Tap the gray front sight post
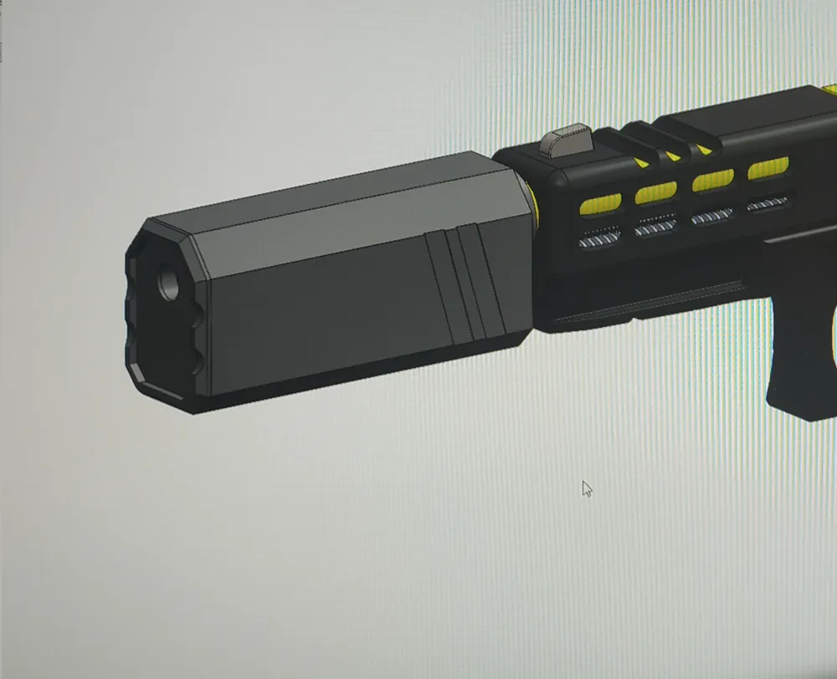(x=567, y=140)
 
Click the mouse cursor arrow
(x=586, y=488)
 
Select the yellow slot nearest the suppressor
(x=600, y=204)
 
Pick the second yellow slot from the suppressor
(x=655, y=192)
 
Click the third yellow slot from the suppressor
(x=712, y=180)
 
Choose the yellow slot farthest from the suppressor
(x=768, y=168)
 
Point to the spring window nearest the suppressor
(x=600, y=240)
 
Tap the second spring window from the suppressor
(x=655, y=227)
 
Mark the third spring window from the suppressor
(x=712, y=216)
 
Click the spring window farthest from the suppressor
(x=767, y=203)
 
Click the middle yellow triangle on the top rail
(x=672, y=155)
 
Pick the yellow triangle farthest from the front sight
(x=704, y=149)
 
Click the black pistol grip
(x=799, y=368)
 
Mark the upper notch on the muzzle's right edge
(x=199, y=314)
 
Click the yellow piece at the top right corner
(x=829, y=89)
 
